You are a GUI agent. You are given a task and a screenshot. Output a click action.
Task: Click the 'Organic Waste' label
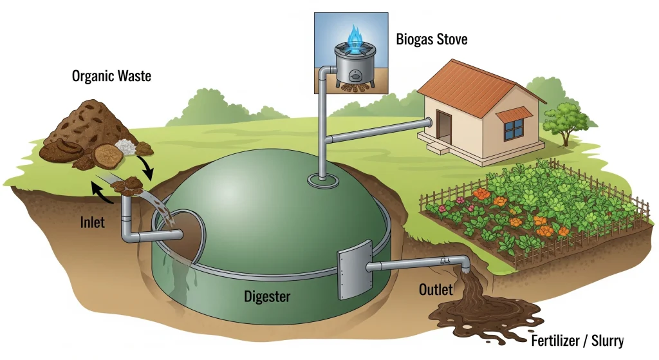[x=111, y=76]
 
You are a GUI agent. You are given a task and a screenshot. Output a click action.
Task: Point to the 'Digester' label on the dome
[x=268, y=297]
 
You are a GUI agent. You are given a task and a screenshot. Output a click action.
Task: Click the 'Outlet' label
[x=436, y=289]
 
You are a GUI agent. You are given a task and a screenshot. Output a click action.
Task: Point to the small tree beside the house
[x=565, y=120]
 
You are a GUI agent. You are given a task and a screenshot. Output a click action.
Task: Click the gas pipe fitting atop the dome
[x=319, y=179]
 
